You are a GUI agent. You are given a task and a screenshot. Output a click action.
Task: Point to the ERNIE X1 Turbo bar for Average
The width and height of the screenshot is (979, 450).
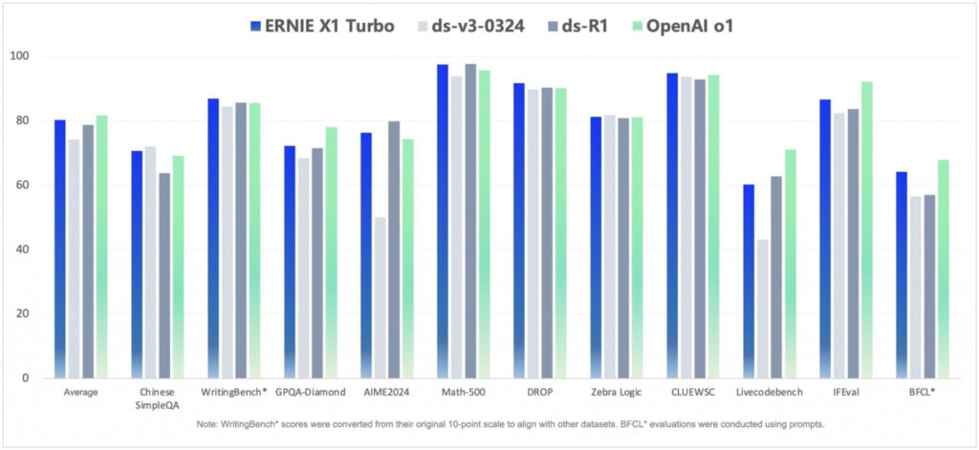60,248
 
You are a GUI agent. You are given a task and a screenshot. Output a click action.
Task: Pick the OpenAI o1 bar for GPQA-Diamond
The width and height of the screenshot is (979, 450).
331,252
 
